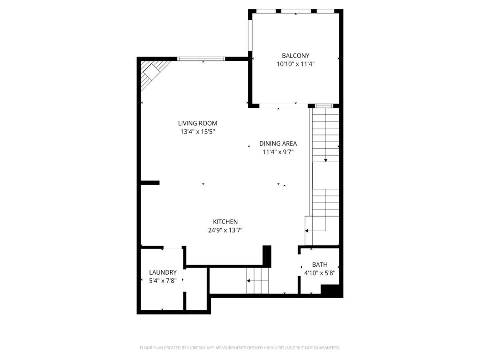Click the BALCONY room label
(295, 56)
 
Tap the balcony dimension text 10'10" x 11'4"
(295, 64)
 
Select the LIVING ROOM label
(197, 123)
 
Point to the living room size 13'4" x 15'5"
(197, 132)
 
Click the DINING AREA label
(278, 143)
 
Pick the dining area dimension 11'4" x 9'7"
(278, 152)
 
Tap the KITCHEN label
(225, 222)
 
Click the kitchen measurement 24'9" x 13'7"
(225, 230)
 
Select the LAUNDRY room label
(163, 272)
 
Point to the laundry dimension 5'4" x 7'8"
(163, 281)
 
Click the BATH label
(320, 264)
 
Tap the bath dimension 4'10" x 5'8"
(320, 273)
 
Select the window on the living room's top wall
(201, 59)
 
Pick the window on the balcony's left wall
(250, 36)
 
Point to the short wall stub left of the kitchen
(150, 183)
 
